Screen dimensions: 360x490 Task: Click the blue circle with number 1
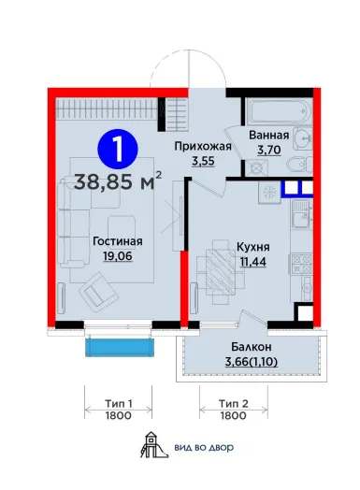(118, 149)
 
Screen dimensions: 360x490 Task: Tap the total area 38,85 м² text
(118, 181)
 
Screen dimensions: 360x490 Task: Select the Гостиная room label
(118, 241)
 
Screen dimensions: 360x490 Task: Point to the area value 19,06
(118, 256)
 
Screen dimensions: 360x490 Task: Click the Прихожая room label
(203, 146)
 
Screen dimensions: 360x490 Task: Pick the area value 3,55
(203, 161)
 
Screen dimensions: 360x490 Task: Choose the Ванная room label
(268, 136)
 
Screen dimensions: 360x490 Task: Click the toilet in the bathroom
(299, 164)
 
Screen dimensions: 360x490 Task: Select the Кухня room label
(253, 247)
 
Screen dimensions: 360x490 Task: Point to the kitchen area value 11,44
(253, 262)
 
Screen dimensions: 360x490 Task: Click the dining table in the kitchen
(221, 271)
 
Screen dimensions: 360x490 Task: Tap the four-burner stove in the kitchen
(302, 265)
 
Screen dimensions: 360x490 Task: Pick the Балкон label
(252, 347)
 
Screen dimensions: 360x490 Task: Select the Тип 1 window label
(118, 404)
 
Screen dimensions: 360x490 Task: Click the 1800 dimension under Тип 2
(234, 415)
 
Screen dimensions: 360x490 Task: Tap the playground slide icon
(153, 445)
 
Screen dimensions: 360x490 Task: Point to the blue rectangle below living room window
(121, 347)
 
